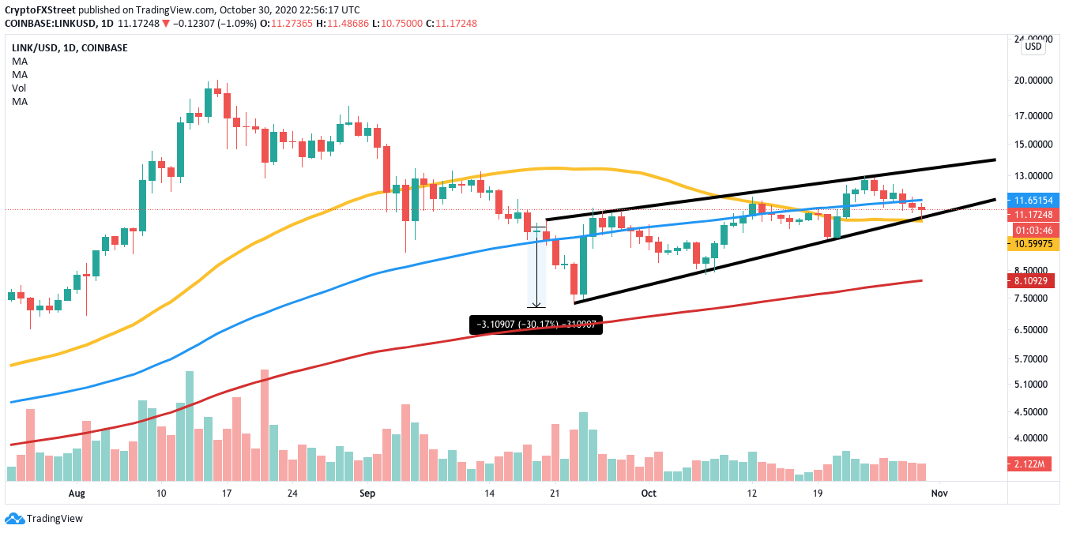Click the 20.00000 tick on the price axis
(x=1035, y=80)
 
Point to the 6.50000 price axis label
(x=1035, y=329)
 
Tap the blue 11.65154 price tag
(x=1036, y=201)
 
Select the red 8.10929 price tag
(x=1036, y=280)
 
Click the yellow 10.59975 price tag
(x=1036, y=245)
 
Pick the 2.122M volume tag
(x=1036, y=465)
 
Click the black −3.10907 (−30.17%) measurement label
(x=536, y=325)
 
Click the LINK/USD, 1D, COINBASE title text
(x=70, y=48)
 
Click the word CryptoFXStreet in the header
(x=45, y=10)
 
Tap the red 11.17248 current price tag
(x=1036, y=215)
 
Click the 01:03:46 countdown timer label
(x=1036, y=230)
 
